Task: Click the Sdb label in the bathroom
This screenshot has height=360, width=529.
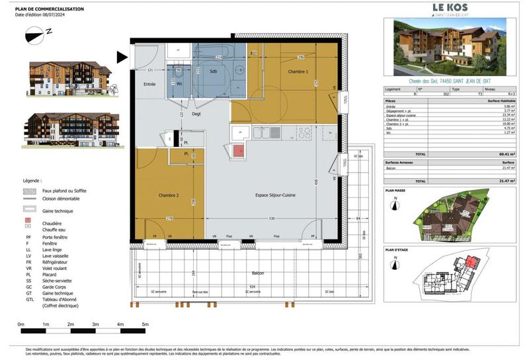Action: click(x=214, y=71)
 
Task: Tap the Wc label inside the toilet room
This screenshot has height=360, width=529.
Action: click(x=180, y=83)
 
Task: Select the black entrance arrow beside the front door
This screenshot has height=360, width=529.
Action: click(x=122, y=58)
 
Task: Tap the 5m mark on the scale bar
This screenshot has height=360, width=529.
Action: click(x=145, y=324)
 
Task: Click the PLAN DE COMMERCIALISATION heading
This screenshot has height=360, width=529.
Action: click(x=50, y=9)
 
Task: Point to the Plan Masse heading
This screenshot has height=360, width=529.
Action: click(x=397, y=189)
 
